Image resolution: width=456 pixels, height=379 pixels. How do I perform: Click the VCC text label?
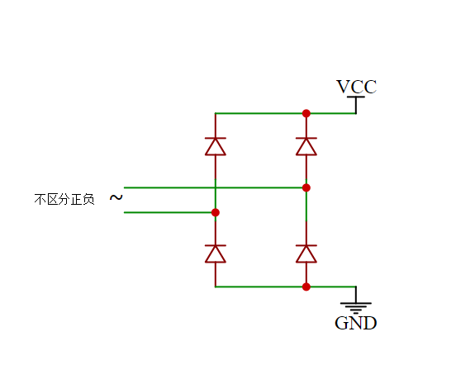[356, 87]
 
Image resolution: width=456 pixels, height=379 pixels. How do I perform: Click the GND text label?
[355, 323]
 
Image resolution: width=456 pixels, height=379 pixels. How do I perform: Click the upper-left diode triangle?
[216, 146]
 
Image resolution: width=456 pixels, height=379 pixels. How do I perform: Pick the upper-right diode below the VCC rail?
[306, 146]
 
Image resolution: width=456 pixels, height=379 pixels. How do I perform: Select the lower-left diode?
[216, 253]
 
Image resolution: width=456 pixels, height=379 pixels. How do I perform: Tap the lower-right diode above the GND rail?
[306, 253]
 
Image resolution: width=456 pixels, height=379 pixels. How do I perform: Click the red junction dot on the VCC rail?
[306, 113]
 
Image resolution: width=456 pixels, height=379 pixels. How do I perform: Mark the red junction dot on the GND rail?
[306, 287]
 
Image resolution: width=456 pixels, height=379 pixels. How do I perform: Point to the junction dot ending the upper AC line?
[306, 187]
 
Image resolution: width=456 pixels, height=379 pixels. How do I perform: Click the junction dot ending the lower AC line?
[216, 212]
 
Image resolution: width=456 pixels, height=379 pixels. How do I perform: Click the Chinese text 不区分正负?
[64, 199]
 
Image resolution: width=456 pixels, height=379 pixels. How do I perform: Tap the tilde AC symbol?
[116, 198]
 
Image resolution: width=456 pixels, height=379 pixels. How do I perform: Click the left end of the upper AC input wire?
[126, 187]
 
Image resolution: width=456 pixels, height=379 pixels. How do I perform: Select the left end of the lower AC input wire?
[126, 212]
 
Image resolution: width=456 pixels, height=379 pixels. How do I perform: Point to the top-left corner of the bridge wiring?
[216, 113]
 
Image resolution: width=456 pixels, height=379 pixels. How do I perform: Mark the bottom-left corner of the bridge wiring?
[216, 287]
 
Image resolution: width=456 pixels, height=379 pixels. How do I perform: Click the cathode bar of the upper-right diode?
[306, 138]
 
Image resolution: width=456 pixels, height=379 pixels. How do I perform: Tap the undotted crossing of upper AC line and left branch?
[216, 187]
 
